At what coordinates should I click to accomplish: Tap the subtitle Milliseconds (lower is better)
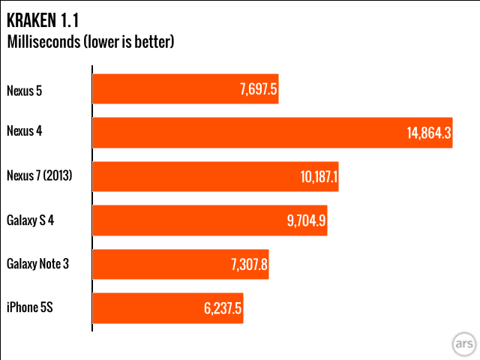[90, 42]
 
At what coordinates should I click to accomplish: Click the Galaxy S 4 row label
[33, 220]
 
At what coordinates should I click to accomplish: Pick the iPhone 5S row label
[31, 308]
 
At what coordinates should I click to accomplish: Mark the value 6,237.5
[221, 308]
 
